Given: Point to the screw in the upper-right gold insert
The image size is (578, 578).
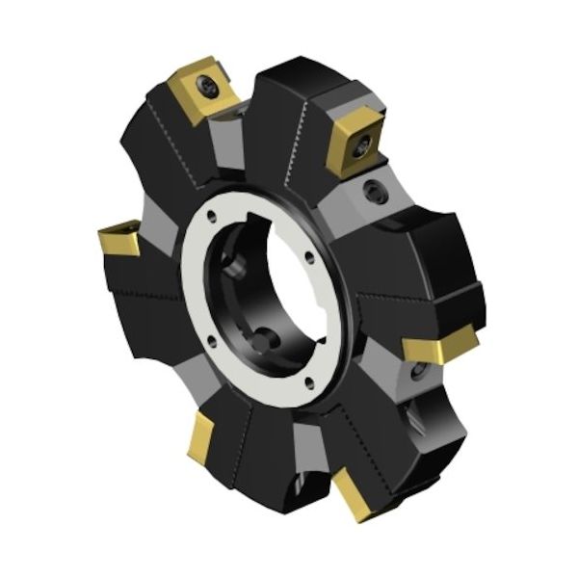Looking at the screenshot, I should tap(364, 144).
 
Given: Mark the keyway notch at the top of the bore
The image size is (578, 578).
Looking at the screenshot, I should tap(289, 218).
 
